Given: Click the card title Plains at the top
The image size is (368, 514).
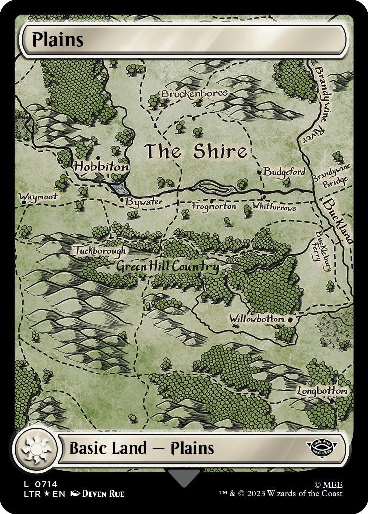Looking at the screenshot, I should tap(57, 40).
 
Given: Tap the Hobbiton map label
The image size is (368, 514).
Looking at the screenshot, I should tap(101, 167).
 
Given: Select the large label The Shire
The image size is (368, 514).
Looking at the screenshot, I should tap(195, 152).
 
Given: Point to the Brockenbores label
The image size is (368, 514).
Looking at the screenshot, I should tap(194, 93).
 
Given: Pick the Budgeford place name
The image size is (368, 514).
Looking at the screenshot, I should tap(284, 172).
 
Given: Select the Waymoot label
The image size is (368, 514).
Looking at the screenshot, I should tap(38, 196).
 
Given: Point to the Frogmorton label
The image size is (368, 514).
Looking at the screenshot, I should tap(214, 206).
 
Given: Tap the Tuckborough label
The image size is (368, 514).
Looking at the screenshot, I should tap(100, 251).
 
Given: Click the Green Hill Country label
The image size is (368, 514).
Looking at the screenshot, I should tap(167, 267).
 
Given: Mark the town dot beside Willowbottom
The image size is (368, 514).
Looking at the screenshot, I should tap(291, 320).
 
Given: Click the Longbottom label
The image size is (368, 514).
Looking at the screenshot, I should tap(322, 391).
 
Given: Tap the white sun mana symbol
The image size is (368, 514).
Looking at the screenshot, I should tap(35, 449).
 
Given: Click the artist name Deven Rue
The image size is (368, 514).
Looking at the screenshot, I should tap(103, 494).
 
